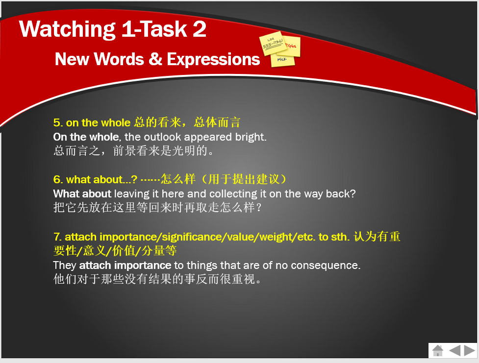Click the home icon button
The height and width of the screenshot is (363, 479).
pyautogui.click(x=438, y=350)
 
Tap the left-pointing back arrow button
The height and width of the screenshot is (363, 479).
pyautogui.click(x=454, y=350)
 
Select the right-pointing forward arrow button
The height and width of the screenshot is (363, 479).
pyautogui.click(x=470, y=350)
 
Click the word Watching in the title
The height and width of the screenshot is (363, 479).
pyautogui.click(x=67, y=29)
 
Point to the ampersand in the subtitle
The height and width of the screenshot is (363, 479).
pyautogui.click(x=155, y=59)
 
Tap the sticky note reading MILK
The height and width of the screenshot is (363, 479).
pyautogui.click(x=283, y=60)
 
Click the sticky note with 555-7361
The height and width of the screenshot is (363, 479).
pyautogui.click(x=272, y=43)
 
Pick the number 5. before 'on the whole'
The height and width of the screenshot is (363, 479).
pyautogui.click(x=58, y=123)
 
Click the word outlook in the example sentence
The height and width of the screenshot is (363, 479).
pyautogui.click(x=162, y=137)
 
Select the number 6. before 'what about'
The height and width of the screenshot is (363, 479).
pyautogui.click(x=58, y=179)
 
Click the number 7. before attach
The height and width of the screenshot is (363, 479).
pyautogui.click(x=57, y=237)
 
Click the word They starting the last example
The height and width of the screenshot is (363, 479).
pyautogui.click(x=64, y=266)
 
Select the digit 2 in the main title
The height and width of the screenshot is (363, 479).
pyautogui.click(x=200, y=29)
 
